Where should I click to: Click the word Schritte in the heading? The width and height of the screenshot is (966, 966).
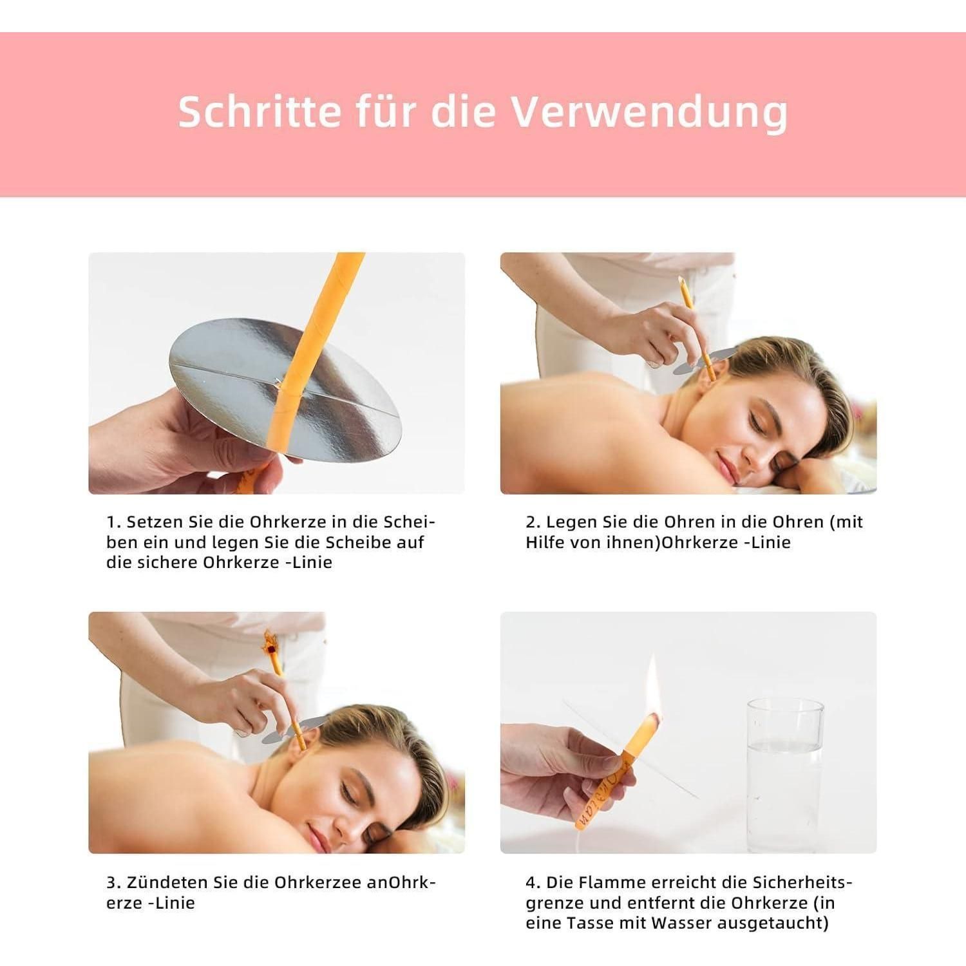click(260, 111)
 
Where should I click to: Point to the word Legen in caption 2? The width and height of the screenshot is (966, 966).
click(571, 522)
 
